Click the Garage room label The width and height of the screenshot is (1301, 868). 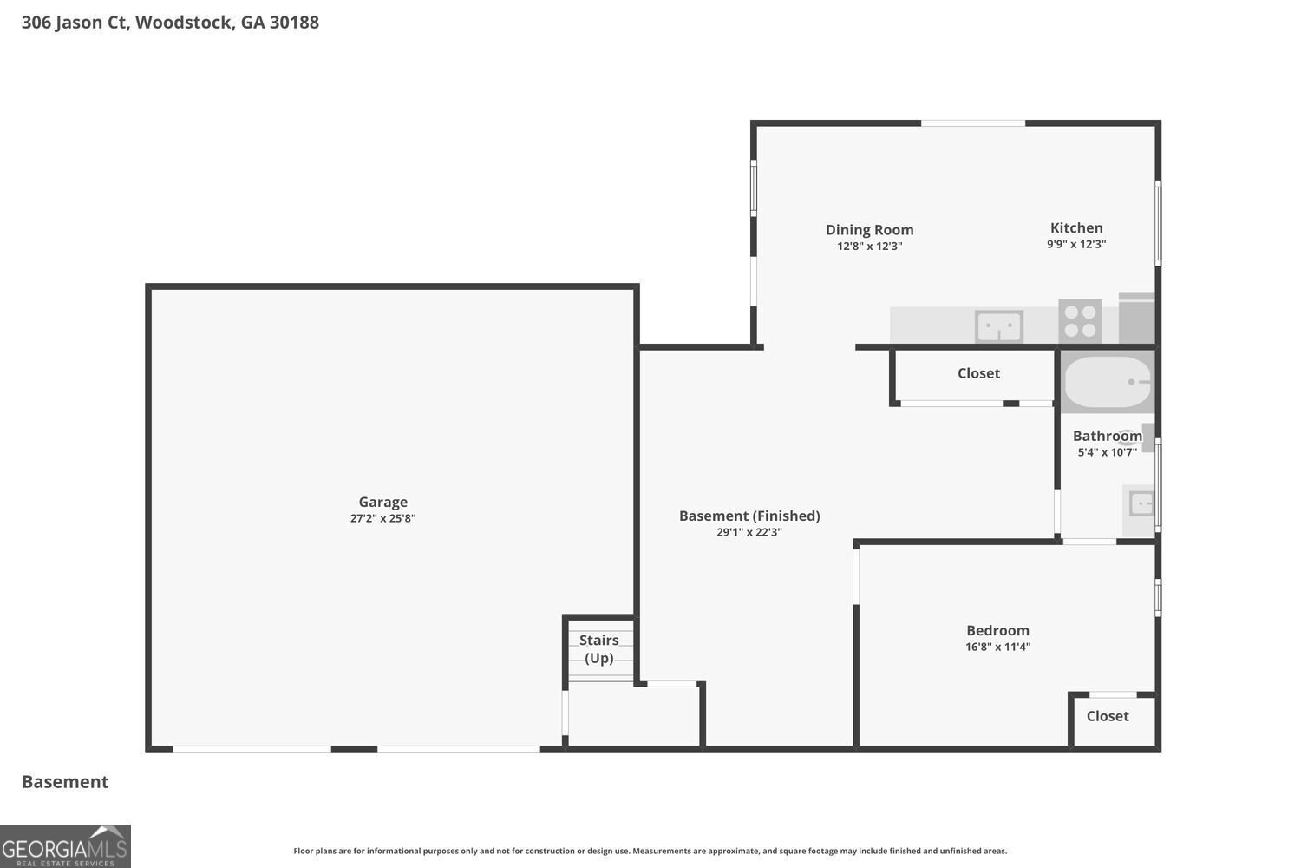(382, 502)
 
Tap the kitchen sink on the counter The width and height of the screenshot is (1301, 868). (998, 326)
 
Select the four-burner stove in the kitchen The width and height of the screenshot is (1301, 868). (1080, 321)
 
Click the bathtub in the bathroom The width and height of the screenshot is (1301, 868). (1107, 382)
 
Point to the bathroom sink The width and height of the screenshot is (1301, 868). (1140, 503)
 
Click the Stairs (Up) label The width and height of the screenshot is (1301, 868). (598, 648)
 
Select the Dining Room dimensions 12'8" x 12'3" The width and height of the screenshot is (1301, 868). (869, 246)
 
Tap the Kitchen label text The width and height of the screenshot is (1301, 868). (1076, 228)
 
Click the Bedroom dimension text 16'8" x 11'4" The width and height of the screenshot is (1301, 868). (997, 647)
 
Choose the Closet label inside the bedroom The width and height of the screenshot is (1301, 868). (1108, 716)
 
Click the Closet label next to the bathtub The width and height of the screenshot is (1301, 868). (978, 373)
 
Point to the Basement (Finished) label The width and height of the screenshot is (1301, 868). (749, 516)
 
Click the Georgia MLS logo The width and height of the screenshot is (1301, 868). (65, 846)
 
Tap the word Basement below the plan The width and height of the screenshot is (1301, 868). (65, 782)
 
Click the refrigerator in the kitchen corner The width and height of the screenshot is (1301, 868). (1136, 318)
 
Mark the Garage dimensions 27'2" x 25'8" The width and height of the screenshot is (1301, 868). (382, 518)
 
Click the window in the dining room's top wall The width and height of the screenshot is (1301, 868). (973, 123)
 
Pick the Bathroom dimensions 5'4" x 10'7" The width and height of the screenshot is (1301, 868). (1107, 452)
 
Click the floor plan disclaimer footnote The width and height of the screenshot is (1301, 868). (650, 851)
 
